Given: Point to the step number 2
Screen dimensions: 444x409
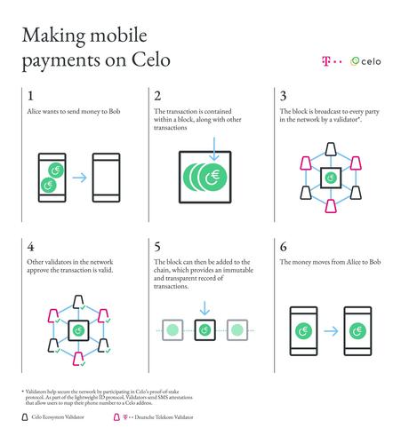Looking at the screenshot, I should pos(158,96).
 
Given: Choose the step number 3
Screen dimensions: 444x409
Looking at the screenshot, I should pos(284,96).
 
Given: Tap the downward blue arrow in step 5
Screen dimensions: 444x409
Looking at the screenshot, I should pos(205,308).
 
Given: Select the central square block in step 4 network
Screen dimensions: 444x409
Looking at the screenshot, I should pos(79,331).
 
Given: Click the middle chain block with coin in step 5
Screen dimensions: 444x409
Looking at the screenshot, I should pos(205,331).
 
